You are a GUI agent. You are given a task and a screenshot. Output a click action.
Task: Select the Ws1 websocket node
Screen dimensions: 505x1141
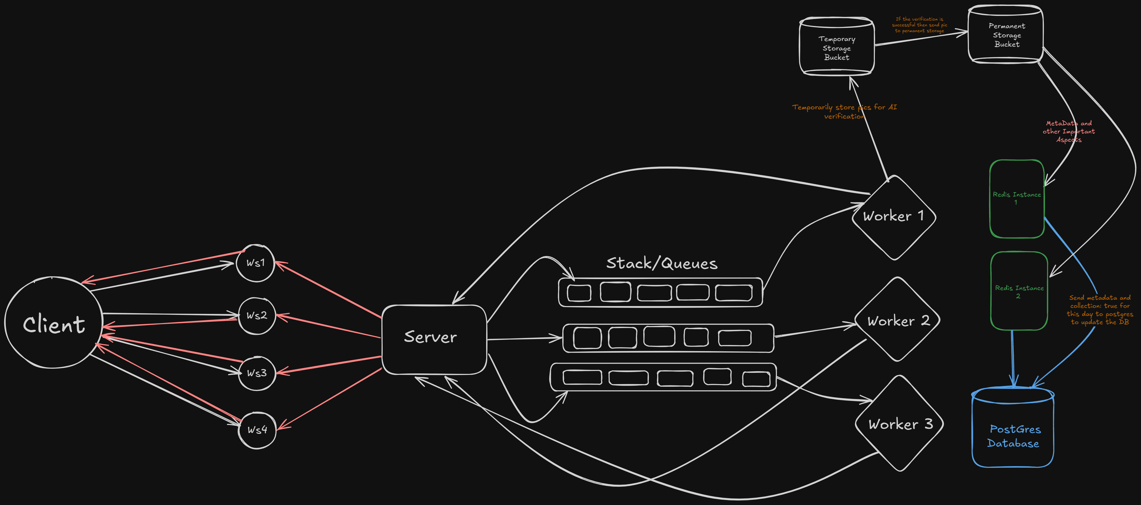pyautogui.click(x=256, y=263)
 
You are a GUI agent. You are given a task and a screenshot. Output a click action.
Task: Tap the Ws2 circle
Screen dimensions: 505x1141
pyautogui.click(x=257, y=316)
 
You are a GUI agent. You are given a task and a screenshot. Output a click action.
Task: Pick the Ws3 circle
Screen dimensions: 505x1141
pyautogui.click(x=257, y=373)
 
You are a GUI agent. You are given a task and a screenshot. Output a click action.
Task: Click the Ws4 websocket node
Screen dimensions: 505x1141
pyautogui.click(x=257, y=430)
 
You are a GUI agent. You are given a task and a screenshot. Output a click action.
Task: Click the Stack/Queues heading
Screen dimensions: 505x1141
pyautogui.click(x=661, y=263)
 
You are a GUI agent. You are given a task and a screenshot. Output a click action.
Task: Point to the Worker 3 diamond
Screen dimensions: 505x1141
pyautogui.click(x=900, y=424)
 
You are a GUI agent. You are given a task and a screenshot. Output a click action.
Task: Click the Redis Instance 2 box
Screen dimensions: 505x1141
pyautogui.click(x=1019, y=291)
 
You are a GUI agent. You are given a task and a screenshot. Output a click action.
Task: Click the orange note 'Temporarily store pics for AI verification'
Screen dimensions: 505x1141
pyautogui.click(x=844, y=112)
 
